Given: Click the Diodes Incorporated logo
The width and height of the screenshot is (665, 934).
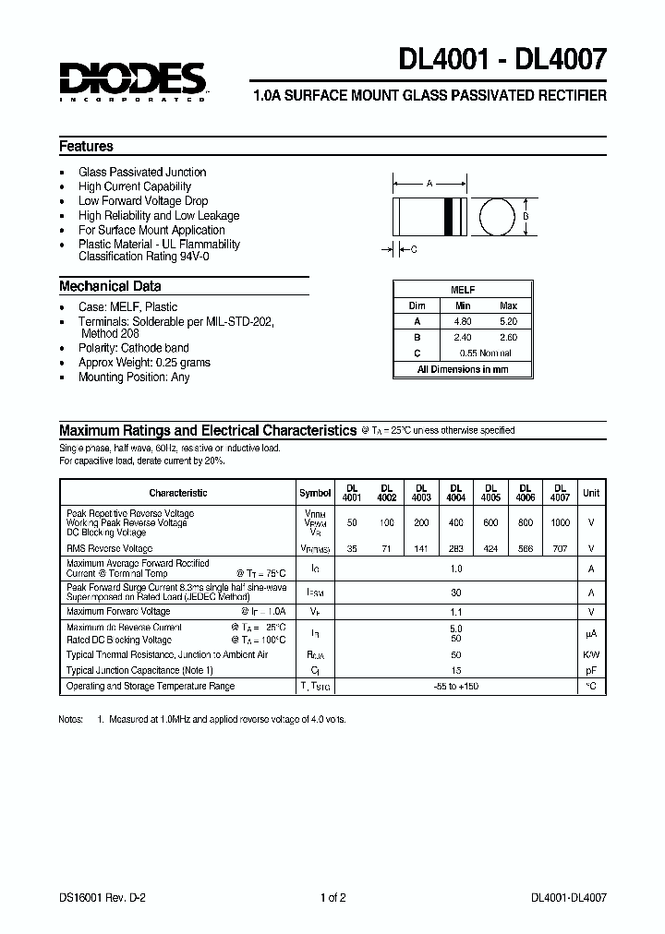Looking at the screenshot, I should (133, 81).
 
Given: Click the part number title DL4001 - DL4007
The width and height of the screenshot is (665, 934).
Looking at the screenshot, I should (502, 60).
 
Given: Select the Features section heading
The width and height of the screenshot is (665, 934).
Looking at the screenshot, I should (86, 147).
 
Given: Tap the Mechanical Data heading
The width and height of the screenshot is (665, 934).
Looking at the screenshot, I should (110, 286).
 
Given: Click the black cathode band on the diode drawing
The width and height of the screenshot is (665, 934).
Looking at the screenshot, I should (453, 217).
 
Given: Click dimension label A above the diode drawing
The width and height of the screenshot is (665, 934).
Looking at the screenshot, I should (429, 184).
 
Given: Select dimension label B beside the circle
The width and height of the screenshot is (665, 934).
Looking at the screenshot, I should (526, 217).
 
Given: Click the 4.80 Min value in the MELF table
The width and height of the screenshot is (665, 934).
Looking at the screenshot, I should (462, 321).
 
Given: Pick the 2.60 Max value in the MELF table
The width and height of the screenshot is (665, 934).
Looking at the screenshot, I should (508, 338).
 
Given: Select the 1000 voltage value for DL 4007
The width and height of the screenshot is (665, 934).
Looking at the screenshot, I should (560, 523).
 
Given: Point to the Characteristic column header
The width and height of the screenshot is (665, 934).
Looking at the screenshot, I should (178, 493).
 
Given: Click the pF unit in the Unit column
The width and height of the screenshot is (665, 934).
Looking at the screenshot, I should (591, 670).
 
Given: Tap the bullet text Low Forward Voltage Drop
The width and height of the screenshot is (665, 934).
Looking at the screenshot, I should (143, 201).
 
